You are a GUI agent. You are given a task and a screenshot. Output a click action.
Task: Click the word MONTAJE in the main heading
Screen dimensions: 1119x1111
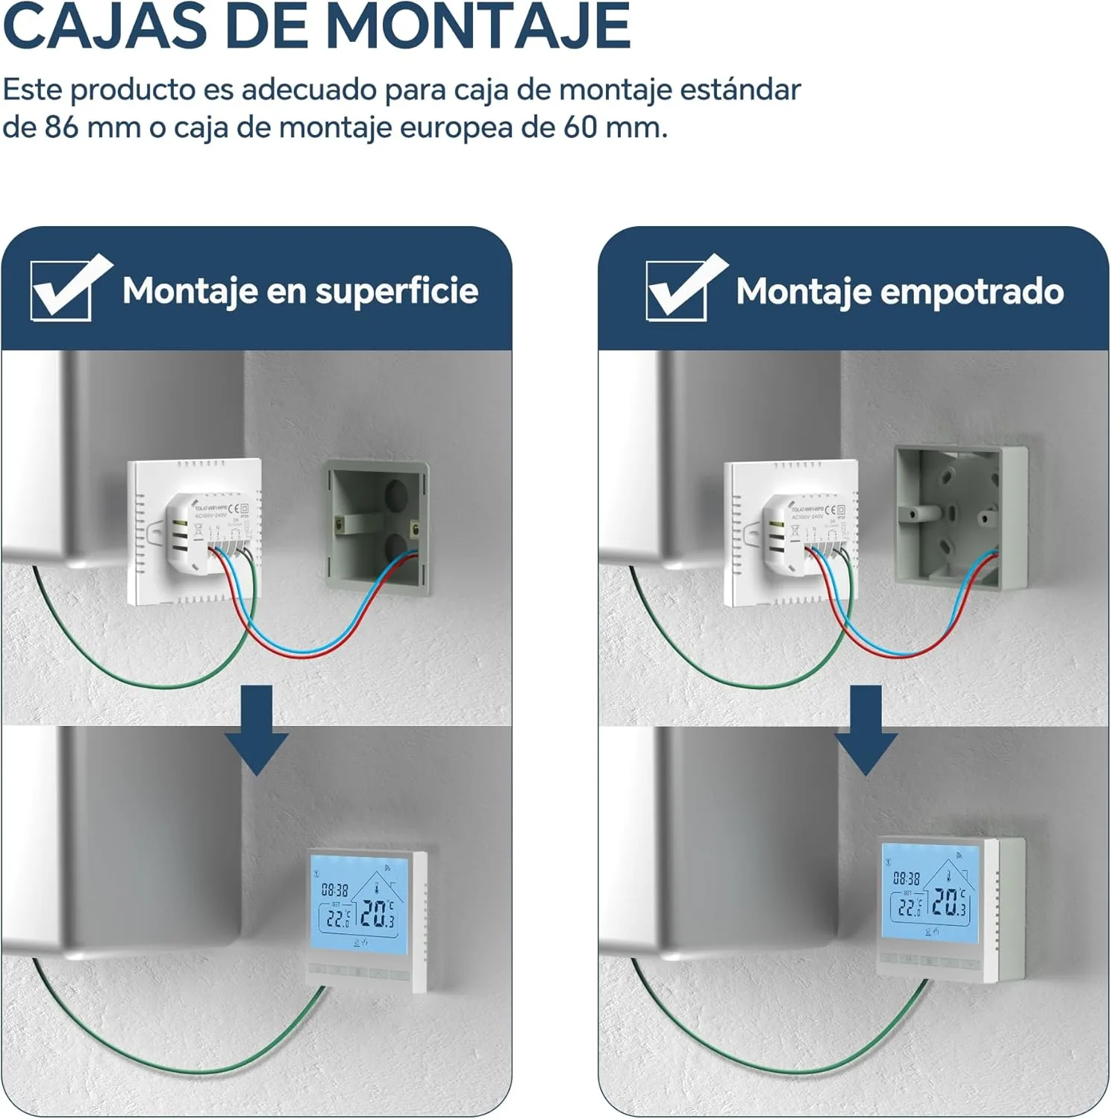click(478, 26)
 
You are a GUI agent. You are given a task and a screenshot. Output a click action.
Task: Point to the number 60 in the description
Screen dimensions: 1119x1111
click(580, 128)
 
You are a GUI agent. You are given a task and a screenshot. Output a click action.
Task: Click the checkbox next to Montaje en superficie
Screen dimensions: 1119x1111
click(63, 289)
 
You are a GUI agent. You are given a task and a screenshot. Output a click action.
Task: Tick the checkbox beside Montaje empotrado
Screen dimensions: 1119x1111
click(677, 289)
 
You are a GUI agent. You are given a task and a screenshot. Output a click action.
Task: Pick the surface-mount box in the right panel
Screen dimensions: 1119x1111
click(961, 516)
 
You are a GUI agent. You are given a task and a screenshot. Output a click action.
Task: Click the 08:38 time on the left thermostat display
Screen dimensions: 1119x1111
click(335, 889)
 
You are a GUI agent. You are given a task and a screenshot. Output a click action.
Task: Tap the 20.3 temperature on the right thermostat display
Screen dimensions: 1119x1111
click(950, 903)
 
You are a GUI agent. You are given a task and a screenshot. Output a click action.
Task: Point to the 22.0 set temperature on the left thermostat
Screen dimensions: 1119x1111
click(337, 918)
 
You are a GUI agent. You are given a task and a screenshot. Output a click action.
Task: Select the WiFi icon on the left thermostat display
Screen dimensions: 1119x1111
click(387, 867)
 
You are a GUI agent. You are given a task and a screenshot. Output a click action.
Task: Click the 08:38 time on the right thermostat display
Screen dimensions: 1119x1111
click(907, 879)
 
